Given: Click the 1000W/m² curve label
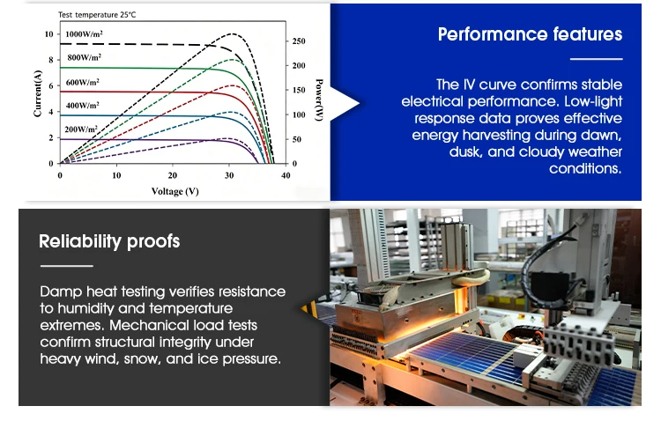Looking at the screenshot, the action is (84, 34).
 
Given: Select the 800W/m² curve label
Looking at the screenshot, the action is (85, 57).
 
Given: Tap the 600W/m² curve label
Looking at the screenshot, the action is (83, 82).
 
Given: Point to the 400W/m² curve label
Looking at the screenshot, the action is (83, 106).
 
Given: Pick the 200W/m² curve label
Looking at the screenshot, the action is (81, 129).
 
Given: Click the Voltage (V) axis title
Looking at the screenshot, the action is (175, 191).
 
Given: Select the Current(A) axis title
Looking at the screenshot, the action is (38, 93).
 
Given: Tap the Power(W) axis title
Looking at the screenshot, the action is (319, 100).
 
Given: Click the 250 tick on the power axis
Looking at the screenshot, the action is (299, 41).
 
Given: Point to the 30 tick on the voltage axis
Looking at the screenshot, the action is (229, 175).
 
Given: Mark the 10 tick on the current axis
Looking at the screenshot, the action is (48, 34).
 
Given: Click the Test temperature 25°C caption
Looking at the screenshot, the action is (97, 15).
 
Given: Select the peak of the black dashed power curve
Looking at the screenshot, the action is (233, 33).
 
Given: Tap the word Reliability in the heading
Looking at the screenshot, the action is (80, 241).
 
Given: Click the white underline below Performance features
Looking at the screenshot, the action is (596, 59).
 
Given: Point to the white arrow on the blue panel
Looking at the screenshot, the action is (344, 104).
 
